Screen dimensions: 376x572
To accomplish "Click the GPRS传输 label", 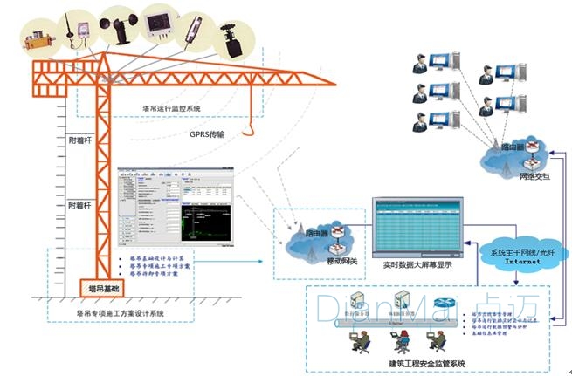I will point(207,134).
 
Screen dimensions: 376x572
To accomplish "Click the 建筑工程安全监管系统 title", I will point(428,363).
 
